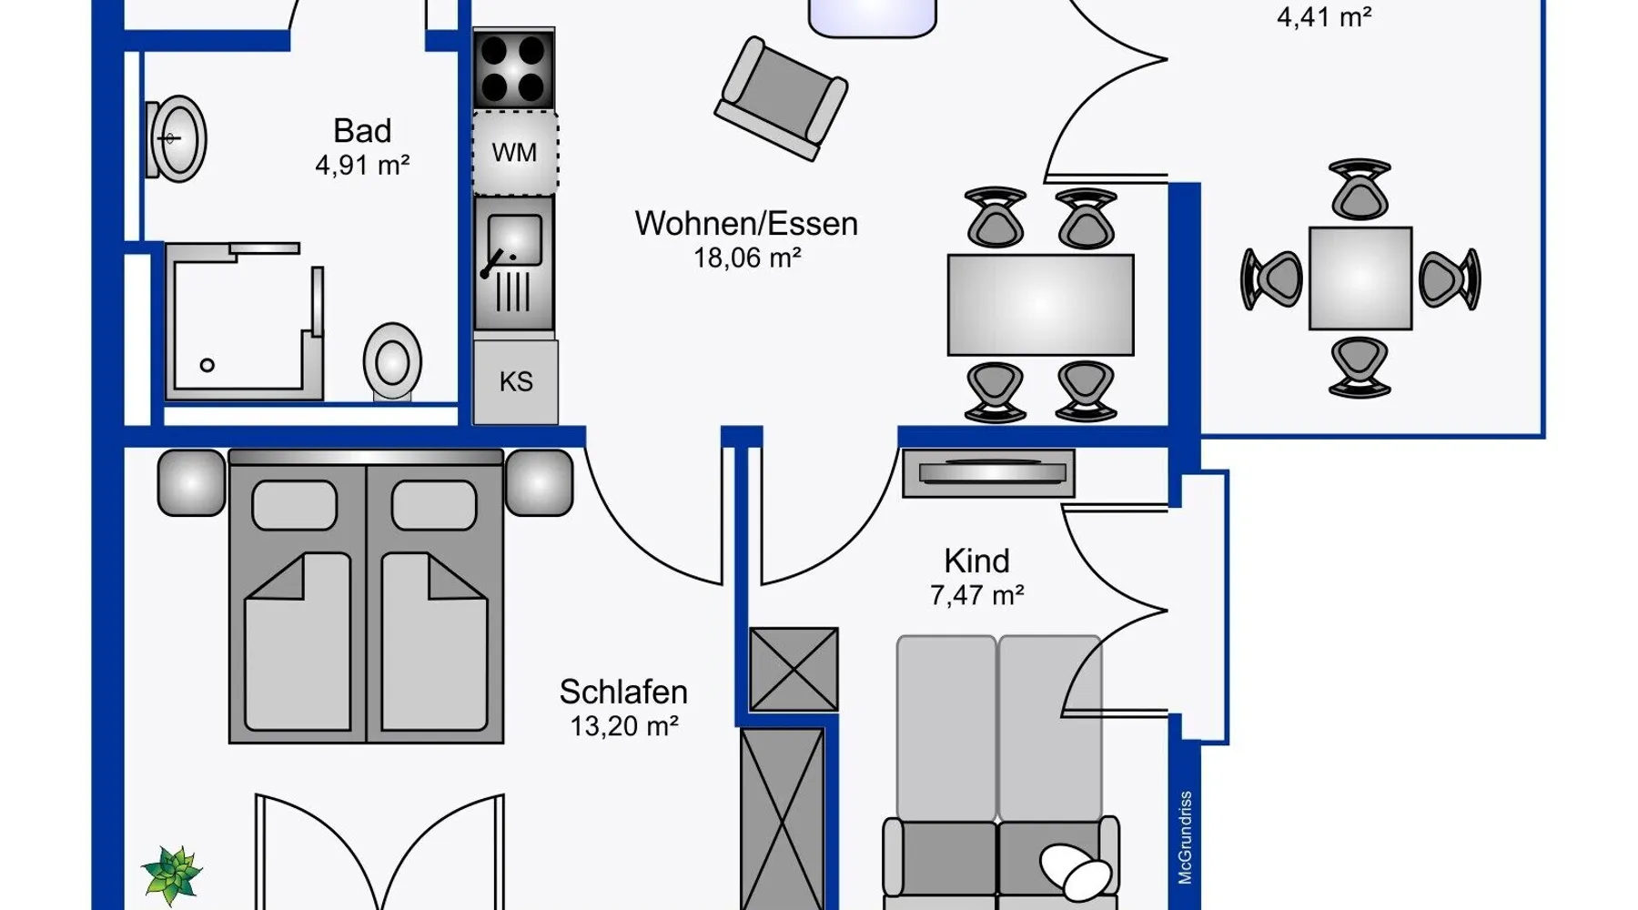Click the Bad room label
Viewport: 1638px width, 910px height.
pyautogui.click(x=362, y=131)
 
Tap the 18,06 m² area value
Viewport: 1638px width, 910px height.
pyautogui.click(x=747, y=258)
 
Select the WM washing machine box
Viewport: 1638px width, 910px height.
pyautogui.click(x=515, y=153)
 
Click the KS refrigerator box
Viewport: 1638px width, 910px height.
pyautogui.click(x=516, y=381)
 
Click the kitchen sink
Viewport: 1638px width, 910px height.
pyautogui.click(x=514, y=263)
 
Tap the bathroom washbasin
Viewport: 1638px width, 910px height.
pyautogui.click(x=177, y=139)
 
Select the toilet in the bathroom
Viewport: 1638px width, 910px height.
pyautogui.click(x=392, y=361)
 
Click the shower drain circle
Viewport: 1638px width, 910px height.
pyautogui.click(x=207, y=365)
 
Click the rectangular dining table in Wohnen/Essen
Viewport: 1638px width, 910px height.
pyautogui.click(x=1040, y=305)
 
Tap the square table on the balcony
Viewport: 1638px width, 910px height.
pyautogui.click(x=1360, y=278)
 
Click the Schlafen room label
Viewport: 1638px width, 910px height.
pyautogui.click(x=623, y=693)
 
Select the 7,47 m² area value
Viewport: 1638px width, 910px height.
pyautogui.click(x=976, y=596)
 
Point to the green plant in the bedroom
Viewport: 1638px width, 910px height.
pyautogui.click(x=172, y=874)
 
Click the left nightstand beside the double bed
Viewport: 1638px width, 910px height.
pyautogui.click(x=191, y=482)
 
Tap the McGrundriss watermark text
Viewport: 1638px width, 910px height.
pyautogui.click(x=1185, y=837)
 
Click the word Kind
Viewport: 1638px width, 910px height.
pyautogui.click(x=976, y=561)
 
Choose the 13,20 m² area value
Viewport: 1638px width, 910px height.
pyautogui.click(x=624, y=727)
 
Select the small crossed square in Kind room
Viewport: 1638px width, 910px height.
pyautogui.click(x=794, y=669)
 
